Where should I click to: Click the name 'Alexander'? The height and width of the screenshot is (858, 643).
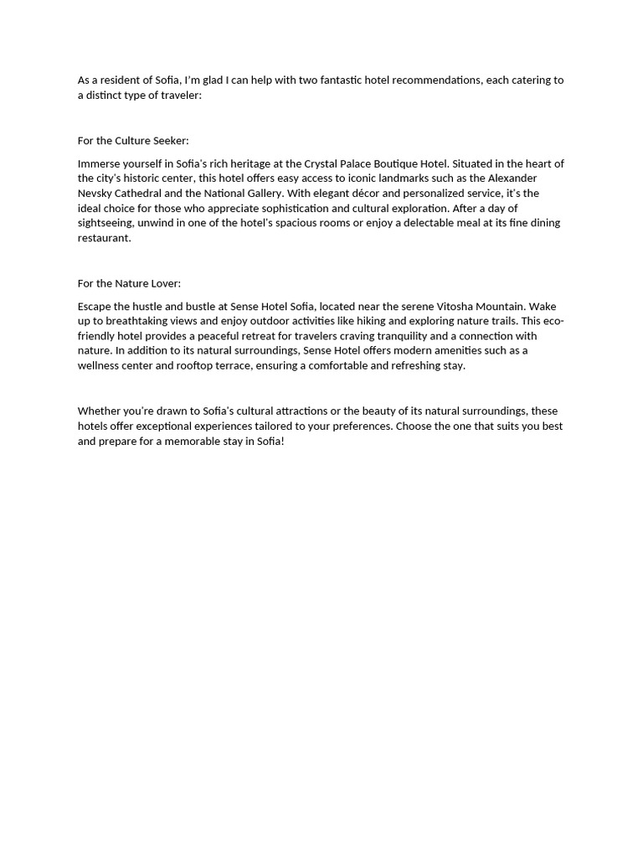pos(512,178)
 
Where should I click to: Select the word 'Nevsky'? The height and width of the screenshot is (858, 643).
pos(96,194)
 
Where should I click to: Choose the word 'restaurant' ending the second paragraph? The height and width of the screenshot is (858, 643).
pos(103,238)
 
